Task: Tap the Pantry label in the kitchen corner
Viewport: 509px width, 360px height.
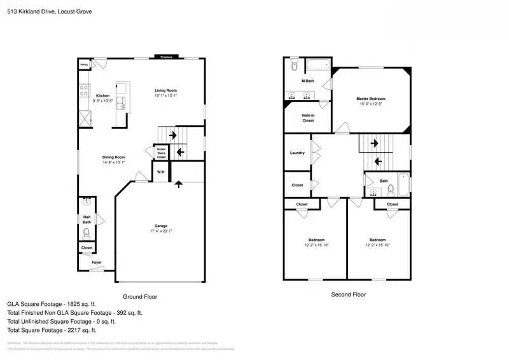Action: pyautogui.click(x=83, y=64)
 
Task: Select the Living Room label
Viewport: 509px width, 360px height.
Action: pyautogui.click(x=165, y=90)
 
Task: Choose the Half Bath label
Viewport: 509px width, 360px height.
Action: pyautogui.click(x=87, y=219)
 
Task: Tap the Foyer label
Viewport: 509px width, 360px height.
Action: pyautogui.click(x=96, y=262)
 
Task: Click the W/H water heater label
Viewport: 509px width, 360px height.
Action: pyautogui.click(x=161, y=172)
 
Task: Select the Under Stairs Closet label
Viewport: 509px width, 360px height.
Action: pyautogui.click(x=161, y=153)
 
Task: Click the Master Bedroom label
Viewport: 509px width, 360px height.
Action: pyautogui.click(x=370, y=99)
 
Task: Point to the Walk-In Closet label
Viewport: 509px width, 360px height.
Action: pyautogui.click(x=308, y=118)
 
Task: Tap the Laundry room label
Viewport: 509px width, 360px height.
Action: pyautogui.click(x=296, y=153)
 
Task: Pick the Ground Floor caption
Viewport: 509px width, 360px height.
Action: pyautogui.click(x=139, y=296)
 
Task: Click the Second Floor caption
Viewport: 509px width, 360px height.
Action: pyautogui.click(x=348, y=294)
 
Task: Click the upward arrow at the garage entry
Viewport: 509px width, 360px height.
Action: pyautogui.click(x=179, y=184)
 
